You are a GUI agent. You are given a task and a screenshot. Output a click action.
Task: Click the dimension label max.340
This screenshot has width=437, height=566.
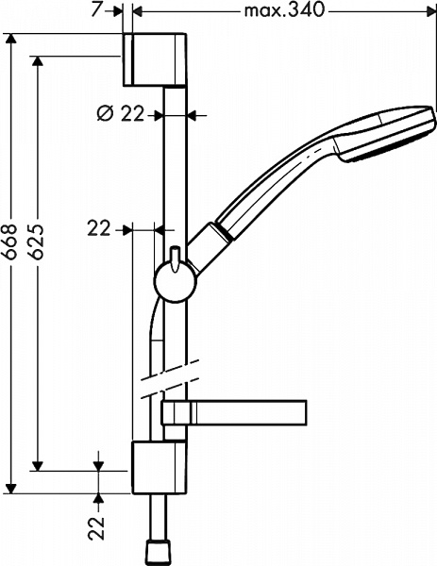(284, 11)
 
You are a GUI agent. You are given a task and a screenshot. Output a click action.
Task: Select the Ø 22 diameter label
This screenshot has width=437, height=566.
(122, 114)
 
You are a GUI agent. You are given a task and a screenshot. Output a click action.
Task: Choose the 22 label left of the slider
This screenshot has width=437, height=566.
(100, 227)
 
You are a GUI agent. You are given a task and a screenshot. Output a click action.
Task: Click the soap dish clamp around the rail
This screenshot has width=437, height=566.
(176, 412)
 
